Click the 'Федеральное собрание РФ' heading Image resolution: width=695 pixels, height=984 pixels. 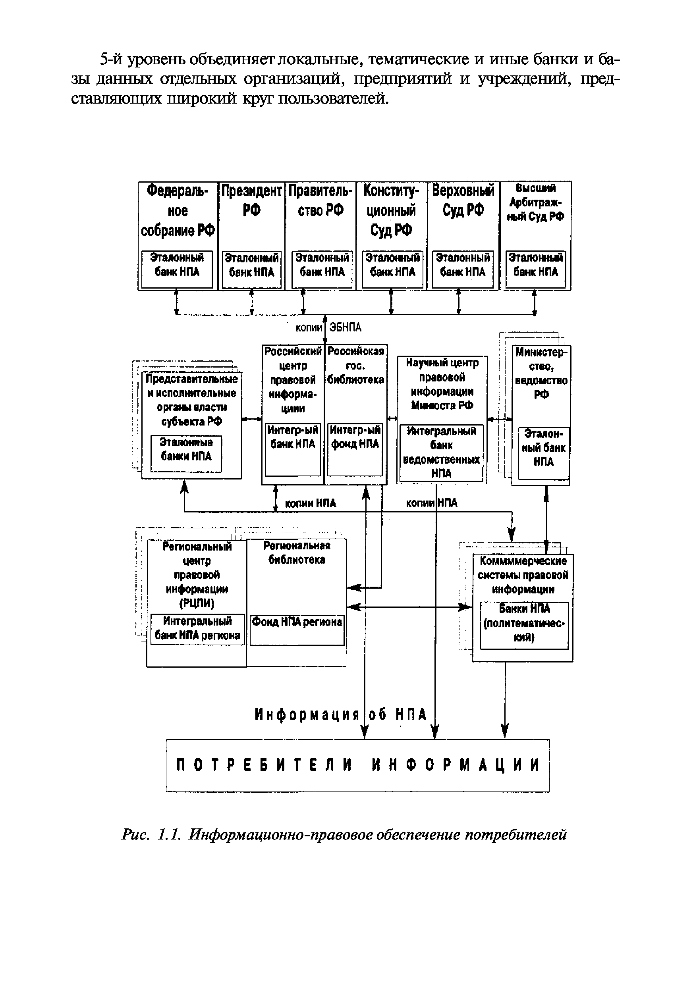click(x=178, y=210)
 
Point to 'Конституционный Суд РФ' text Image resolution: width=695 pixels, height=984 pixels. click(x=391, y=210)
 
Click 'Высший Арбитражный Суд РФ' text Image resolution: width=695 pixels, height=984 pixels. click(x=535, y=203)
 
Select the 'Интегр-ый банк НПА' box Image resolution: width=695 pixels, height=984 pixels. click(x=293, y=449)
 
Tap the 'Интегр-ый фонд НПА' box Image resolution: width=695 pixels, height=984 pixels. click(x=355, y=449)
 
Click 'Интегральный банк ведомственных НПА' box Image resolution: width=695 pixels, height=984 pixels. click(x=442, y=453)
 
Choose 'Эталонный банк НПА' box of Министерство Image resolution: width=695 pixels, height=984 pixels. click(x=543, y=453)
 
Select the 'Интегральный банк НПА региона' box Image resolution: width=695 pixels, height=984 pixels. click(x=197, y=629)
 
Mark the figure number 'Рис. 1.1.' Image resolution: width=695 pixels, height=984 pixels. click(x=153, y=834)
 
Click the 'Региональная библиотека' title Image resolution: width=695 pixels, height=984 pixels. click(x=297, y=553)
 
